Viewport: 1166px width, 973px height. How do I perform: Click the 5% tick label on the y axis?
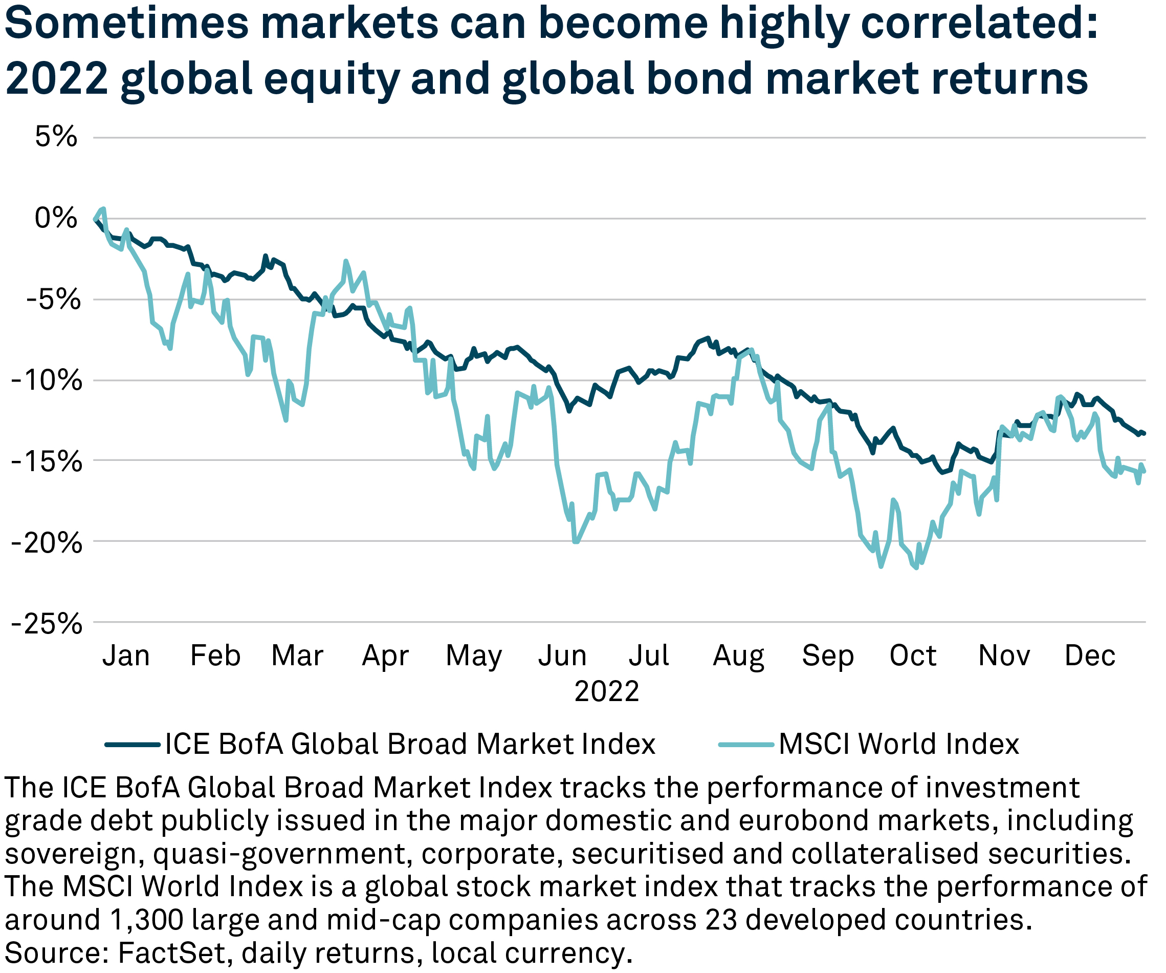point(56,137)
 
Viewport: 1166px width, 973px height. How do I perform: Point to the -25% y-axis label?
point(47,625)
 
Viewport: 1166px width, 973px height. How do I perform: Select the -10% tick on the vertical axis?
point(47,381)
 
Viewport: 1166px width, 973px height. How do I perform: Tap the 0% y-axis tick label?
point(56,218)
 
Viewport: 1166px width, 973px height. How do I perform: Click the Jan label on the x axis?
point(126,656)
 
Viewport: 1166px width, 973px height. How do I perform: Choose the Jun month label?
point(562,656)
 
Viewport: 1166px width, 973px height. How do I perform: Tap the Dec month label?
point(1089,656)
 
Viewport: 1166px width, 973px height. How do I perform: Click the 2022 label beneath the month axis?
point(606,692)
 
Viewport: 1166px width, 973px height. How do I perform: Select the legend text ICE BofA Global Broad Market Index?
point(410,744)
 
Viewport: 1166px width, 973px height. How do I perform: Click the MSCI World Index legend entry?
point(898,744)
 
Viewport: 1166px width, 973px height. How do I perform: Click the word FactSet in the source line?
point(171,953)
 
